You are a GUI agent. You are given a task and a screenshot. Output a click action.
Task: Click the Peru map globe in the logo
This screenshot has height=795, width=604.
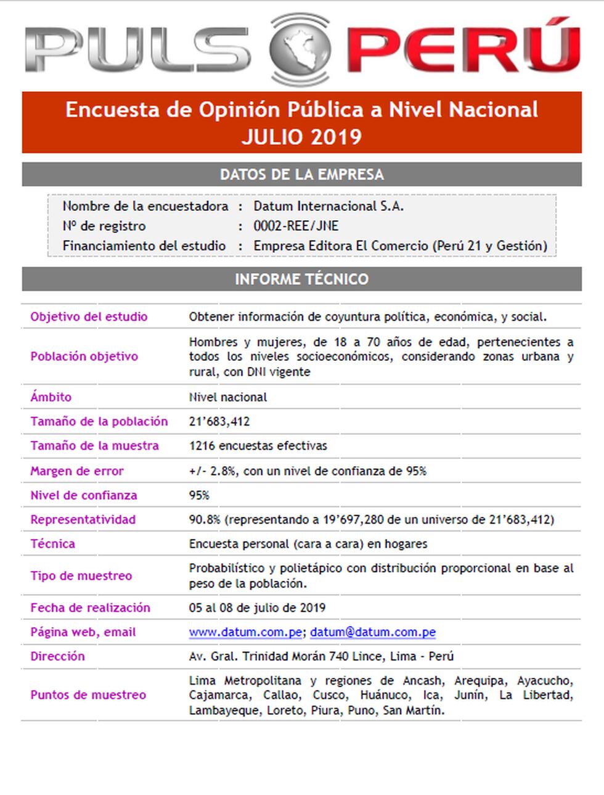tap(300, 49)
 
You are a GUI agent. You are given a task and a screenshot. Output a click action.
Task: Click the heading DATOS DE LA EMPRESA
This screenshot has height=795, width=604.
tap(301, 175)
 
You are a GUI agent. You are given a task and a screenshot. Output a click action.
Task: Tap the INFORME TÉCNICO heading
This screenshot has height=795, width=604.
tap(301, 279)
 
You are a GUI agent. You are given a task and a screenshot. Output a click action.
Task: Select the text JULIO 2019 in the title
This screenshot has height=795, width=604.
tap(301, 137)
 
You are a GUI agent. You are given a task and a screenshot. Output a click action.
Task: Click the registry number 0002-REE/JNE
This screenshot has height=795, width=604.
tap(296, 226)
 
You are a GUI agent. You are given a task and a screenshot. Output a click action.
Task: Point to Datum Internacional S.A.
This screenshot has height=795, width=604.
tap(329, 206)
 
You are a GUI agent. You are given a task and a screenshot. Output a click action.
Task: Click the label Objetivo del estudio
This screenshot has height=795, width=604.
tap(89, 316)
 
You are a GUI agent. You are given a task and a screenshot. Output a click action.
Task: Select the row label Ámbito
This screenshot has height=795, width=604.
tap(51, 397)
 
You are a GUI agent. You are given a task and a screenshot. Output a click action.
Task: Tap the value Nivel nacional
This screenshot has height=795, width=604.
tap(228, 397)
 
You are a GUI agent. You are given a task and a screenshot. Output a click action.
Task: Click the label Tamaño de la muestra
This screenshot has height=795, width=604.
tap(94, 445)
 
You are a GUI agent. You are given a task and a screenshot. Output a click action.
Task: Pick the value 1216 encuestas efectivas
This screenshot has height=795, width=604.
tap(258, 445)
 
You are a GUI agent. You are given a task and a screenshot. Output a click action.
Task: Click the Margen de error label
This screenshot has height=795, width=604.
tap(77, 471)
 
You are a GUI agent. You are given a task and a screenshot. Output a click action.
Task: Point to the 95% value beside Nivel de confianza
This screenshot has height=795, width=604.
tap(199, 495)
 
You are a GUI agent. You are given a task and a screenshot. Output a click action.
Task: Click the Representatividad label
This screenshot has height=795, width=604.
tap(83, 519)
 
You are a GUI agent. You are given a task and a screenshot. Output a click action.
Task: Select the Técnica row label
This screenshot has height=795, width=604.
tap(52, 543)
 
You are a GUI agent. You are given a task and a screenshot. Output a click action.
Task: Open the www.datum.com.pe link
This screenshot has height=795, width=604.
tap(245, 632)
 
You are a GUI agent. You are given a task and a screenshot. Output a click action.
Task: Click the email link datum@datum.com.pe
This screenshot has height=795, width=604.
tap(373, 632)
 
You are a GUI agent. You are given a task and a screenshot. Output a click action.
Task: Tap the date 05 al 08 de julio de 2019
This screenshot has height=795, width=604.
tap(257, 608)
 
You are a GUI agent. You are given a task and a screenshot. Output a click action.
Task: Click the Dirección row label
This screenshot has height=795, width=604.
tap(57, 656)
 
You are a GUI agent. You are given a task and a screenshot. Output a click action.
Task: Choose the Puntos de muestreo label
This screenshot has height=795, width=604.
tap(88, 695)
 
